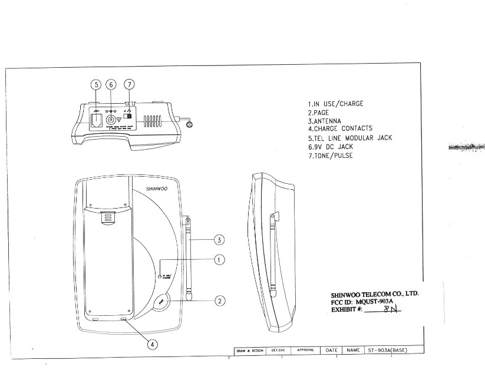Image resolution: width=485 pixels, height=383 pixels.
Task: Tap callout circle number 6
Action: pos(111,85)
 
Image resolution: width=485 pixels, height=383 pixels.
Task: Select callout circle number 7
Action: pos(129,85)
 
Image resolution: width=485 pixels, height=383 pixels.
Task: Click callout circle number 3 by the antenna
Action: pos(219,240)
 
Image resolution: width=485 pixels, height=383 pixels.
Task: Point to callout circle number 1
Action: pos(219,259)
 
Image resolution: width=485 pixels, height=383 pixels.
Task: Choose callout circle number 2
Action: pos(219,301)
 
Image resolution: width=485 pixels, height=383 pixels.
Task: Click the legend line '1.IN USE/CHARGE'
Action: pos(335,104)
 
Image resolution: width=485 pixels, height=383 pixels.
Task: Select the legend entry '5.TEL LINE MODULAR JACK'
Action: pos(349,138)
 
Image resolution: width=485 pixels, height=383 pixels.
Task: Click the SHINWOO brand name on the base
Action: pos(157,190)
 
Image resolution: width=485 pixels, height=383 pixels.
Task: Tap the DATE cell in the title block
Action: pos(332,350)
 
